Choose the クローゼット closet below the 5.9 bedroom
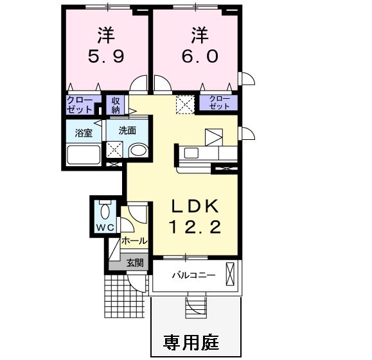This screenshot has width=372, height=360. [x=82, y=105]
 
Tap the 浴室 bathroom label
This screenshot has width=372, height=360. [x=82, y=134]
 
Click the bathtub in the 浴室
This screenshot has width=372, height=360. [x=83, y=156]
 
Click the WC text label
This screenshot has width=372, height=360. [x=105, y=228]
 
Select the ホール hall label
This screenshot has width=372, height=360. [x=134, y=242]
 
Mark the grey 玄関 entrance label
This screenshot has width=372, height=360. [x=135, y=262]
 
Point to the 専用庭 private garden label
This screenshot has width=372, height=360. [x=191, y=341]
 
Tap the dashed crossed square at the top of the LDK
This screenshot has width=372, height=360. [x=186, y=104]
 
